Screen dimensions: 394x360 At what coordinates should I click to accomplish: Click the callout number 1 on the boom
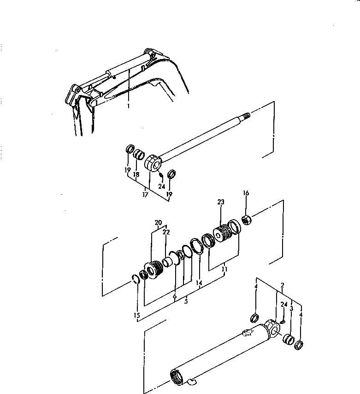coord(129,106)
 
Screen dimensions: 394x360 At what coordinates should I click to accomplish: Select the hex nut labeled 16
coord(246,220)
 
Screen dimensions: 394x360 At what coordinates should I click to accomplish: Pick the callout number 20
coord(158,222)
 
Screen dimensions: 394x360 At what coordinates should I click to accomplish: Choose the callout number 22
coord(166,232)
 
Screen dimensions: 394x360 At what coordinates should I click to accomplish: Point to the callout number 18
coord(136,175)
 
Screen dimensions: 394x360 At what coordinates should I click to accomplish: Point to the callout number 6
coord(175,296)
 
